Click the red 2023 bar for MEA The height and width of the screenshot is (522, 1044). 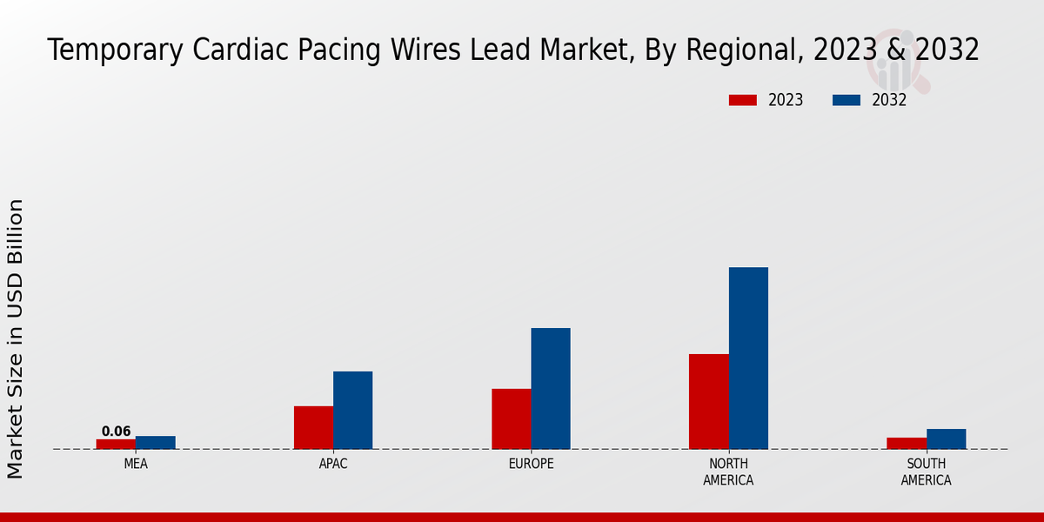(x=116, y=444)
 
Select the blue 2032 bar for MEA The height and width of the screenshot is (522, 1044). (x=155, y=442)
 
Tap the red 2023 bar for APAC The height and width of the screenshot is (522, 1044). (x=313, y=427)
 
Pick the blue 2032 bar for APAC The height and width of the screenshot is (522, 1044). (x=352, y=410)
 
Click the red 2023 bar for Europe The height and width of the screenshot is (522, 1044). (x=512, y=418)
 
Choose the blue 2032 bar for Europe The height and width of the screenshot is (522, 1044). (x=551, y=388)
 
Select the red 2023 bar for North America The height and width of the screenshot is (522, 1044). (x=709, y=401)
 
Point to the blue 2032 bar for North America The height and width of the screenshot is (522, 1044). (x=748, y=358)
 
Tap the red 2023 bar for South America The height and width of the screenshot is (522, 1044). (x=907, y=443)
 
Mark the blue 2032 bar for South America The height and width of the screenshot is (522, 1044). (x=946, y=438)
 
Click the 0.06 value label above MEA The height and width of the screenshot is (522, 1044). (x=116, y=432)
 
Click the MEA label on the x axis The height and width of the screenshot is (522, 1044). (x=136, y=465)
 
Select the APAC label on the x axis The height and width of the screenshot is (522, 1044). (x=333, y=465)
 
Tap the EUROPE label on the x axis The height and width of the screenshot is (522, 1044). (x=531, y=465)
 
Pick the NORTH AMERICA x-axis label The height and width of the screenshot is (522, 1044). (x=728, y=472)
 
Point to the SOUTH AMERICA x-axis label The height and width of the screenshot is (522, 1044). (x=926, y=472)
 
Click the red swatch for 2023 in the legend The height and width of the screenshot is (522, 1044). (x=743, y=100)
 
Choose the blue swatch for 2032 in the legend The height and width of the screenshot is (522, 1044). (x=847, y=100)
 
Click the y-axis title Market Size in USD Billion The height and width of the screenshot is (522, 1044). (x=16, y=339)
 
